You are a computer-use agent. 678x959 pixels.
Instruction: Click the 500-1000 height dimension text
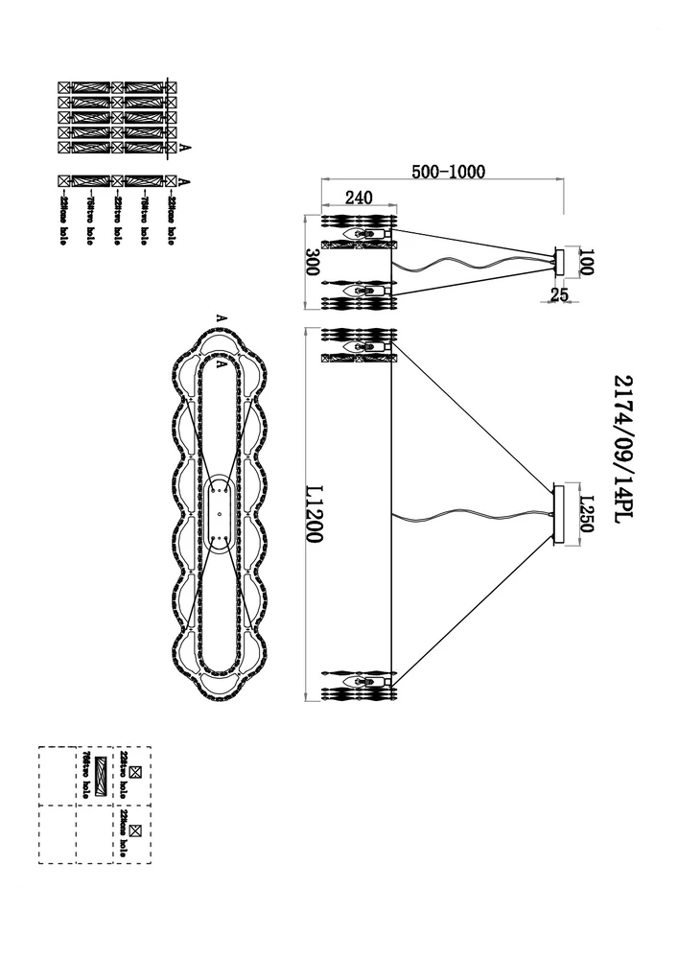click(449, 172)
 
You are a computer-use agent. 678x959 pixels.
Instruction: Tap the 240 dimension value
click(358, 199)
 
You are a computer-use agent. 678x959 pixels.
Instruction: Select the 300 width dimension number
click(310, 262)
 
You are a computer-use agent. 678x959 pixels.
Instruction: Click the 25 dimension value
click(560, 295)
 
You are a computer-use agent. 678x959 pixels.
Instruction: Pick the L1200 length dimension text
click(312, 514)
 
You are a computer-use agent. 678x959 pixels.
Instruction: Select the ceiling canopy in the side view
click(561, 261)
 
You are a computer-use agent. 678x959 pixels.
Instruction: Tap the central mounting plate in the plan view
click(221, 515)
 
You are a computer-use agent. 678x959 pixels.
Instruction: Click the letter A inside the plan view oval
click(221, 365)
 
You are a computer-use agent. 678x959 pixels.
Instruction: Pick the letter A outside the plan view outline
click(221, 317)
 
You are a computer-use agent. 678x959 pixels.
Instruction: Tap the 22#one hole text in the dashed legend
click(124, 831)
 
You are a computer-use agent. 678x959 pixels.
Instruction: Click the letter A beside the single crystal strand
click(184, 180)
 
